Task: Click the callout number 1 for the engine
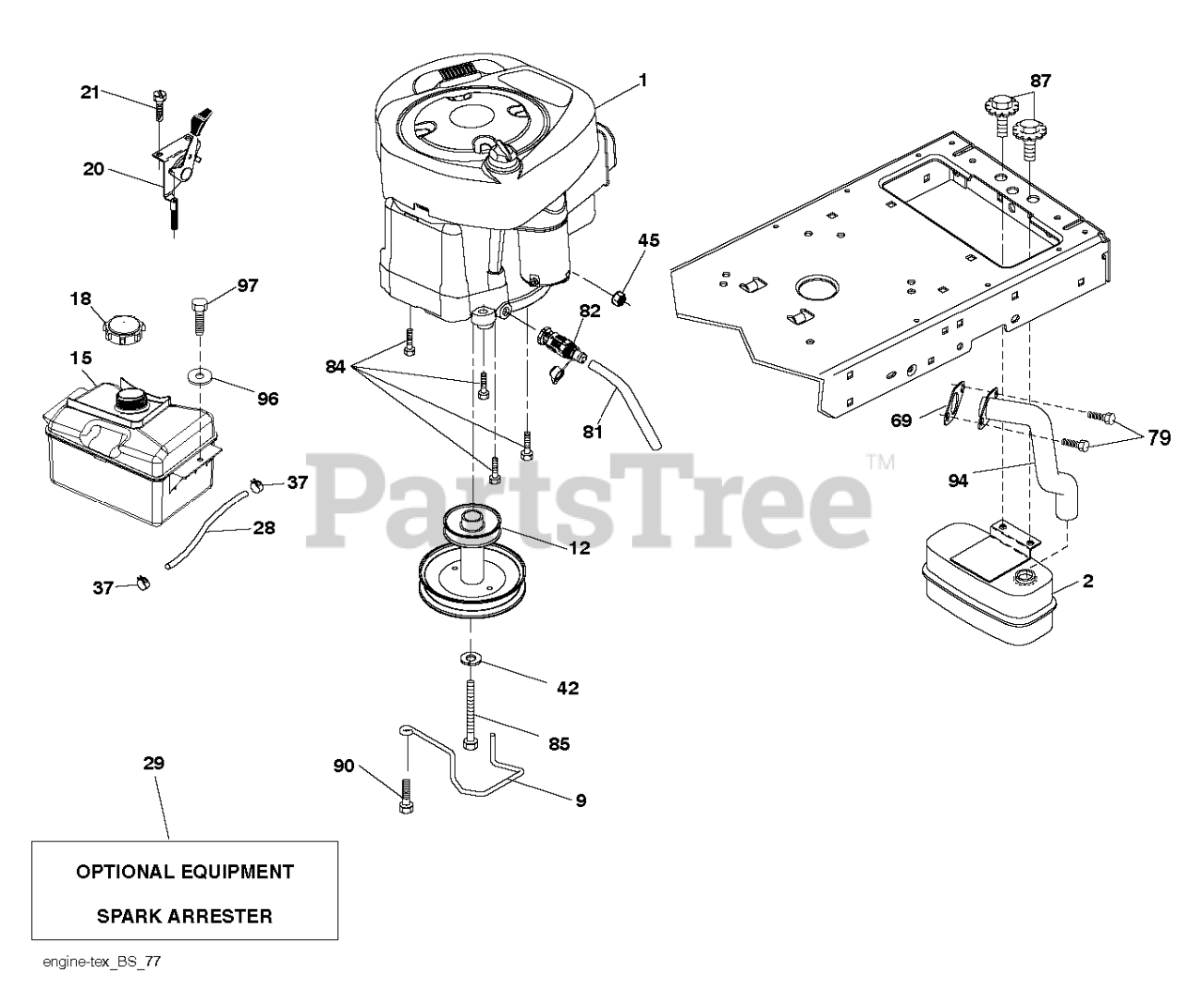[x=642, y=81]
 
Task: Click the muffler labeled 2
[x=986, y=591]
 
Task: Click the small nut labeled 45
[x=618, y=297]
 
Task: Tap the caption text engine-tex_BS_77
[x=93, y=962]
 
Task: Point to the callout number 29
[x=154, y=763]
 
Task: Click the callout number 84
[x=335, y=366]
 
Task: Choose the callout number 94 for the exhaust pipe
[x=958, y=481]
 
